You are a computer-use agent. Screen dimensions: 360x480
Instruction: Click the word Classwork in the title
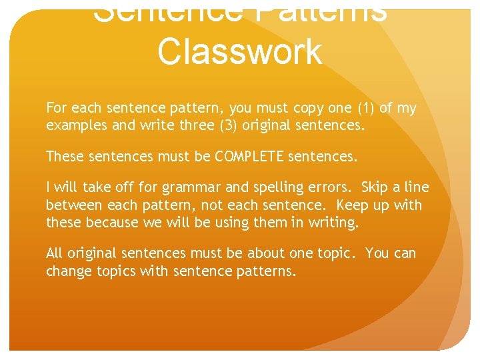(239, 52)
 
